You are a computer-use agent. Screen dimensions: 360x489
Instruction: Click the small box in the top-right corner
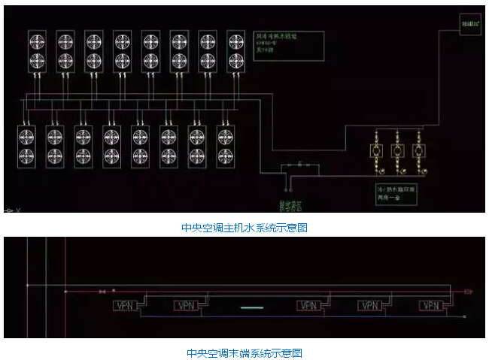tap(470, 26)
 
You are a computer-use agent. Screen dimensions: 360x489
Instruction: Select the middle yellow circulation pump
tap(396, 151)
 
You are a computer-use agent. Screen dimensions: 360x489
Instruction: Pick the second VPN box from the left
tap(185, 306)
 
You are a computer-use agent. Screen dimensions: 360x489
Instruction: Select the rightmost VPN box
tap(431, 306)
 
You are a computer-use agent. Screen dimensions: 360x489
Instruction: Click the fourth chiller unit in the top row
tap(123, 50)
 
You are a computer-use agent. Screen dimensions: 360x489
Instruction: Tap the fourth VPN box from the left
tap(369, 306)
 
